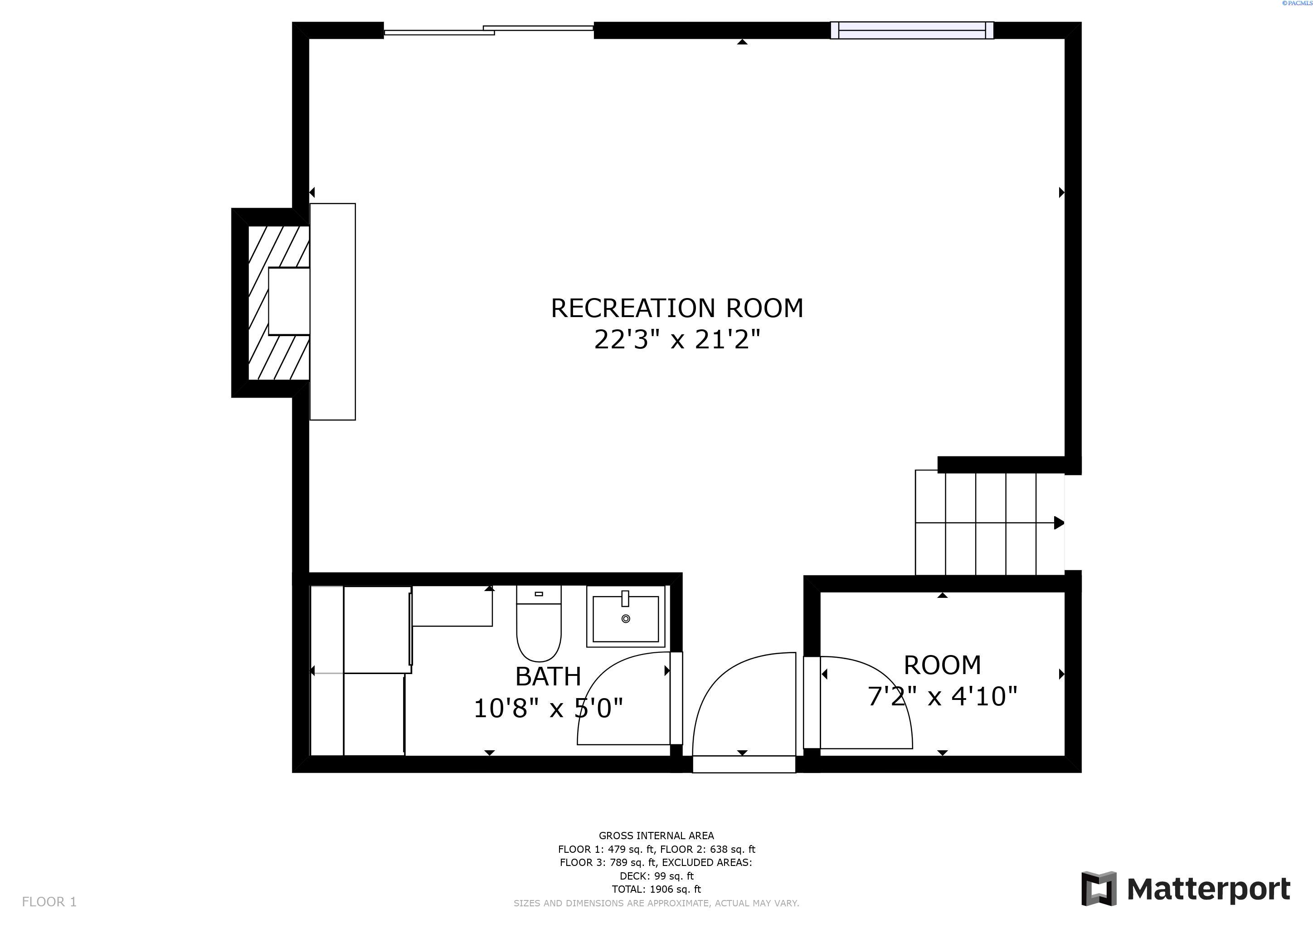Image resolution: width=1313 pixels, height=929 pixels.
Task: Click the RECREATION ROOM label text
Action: pos(676,308)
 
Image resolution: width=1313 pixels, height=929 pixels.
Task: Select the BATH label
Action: pos(548,677)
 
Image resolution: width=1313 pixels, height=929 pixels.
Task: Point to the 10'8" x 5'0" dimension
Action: pos(548,708)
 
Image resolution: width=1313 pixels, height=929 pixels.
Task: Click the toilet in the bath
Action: pos(539,629)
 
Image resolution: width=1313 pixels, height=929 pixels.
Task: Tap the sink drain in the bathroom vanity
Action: pos(626,618)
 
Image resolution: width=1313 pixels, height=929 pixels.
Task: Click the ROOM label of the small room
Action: pos(942,665)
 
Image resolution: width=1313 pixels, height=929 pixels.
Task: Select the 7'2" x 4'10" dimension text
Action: pos(942,697)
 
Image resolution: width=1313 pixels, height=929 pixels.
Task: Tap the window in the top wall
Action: pos(912,30)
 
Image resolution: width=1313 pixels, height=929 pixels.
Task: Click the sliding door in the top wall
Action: pos(489,30)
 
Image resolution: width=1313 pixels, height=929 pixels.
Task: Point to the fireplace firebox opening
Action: pos(289,302)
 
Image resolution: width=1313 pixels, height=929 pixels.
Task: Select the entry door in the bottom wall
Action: pos(744,764)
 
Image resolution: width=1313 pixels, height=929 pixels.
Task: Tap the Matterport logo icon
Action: pos(1099,888)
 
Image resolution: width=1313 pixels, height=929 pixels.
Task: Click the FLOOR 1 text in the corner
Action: pos(49,901)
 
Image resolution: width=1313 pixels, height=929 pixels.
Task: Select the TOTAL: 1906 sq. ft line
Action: pos(656,889)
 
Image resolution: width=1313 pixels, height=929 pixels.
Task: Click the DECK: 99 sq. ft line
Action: pos(656,876)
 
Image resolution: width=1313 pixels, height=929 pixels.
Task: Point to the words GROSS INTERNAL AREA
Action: pos(656,836)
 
